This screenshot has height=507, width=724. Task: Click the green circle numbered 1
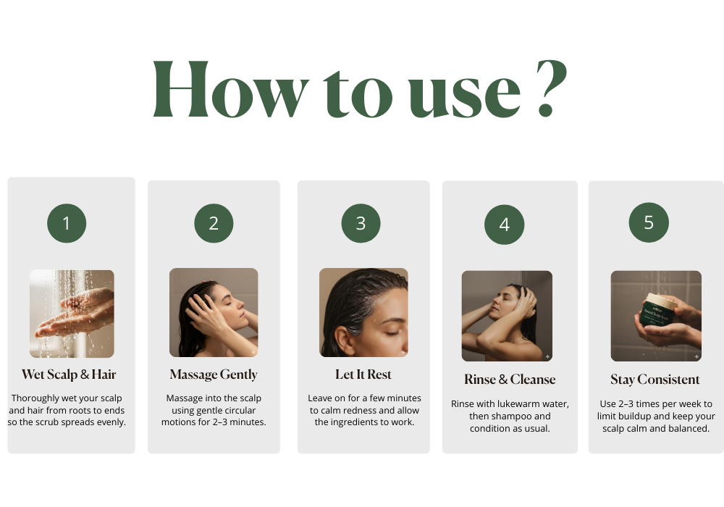[x=67, y=223]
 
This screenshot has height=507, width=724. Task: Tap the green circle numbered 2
[x=214, y=223]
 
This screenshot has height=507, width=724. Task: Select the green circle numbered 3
[x=361, y=223]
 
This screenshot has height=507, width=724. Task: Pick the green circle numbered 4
[x=504, y=225]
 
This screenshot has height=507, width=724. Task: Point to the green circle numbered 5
[x=649, y=222]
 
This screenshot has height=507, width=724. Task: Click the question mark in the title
[x=551, y=87]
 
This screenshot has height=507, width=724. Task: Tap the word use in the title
[x=465, y=94]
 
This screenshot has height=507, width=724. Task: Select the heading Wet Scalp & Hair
[x=69, y=374]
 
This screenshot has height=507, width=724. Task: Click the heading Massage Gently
[x=214, y=374]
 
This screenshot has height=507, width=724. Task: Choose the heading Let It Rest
[x=363, y=374]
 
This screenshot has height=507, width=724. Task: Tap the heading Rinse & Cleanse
[x=510, y=379]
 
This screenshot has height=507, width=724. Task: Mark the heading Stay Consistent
[x=655, y=380]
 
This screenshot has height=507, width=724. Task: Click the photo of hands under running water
[x=72, y=314]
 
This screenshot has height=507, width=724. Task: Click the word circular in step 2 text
[x=239, y=410]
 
